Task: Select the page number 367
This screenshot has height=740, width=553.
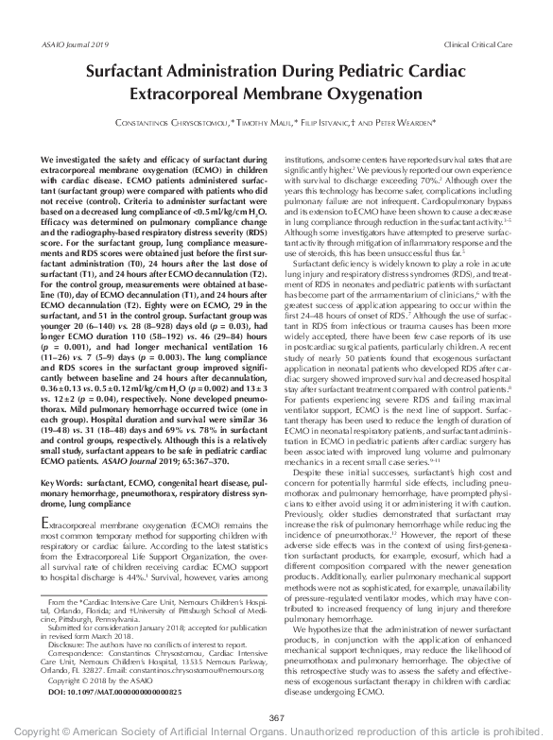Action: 276,717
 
